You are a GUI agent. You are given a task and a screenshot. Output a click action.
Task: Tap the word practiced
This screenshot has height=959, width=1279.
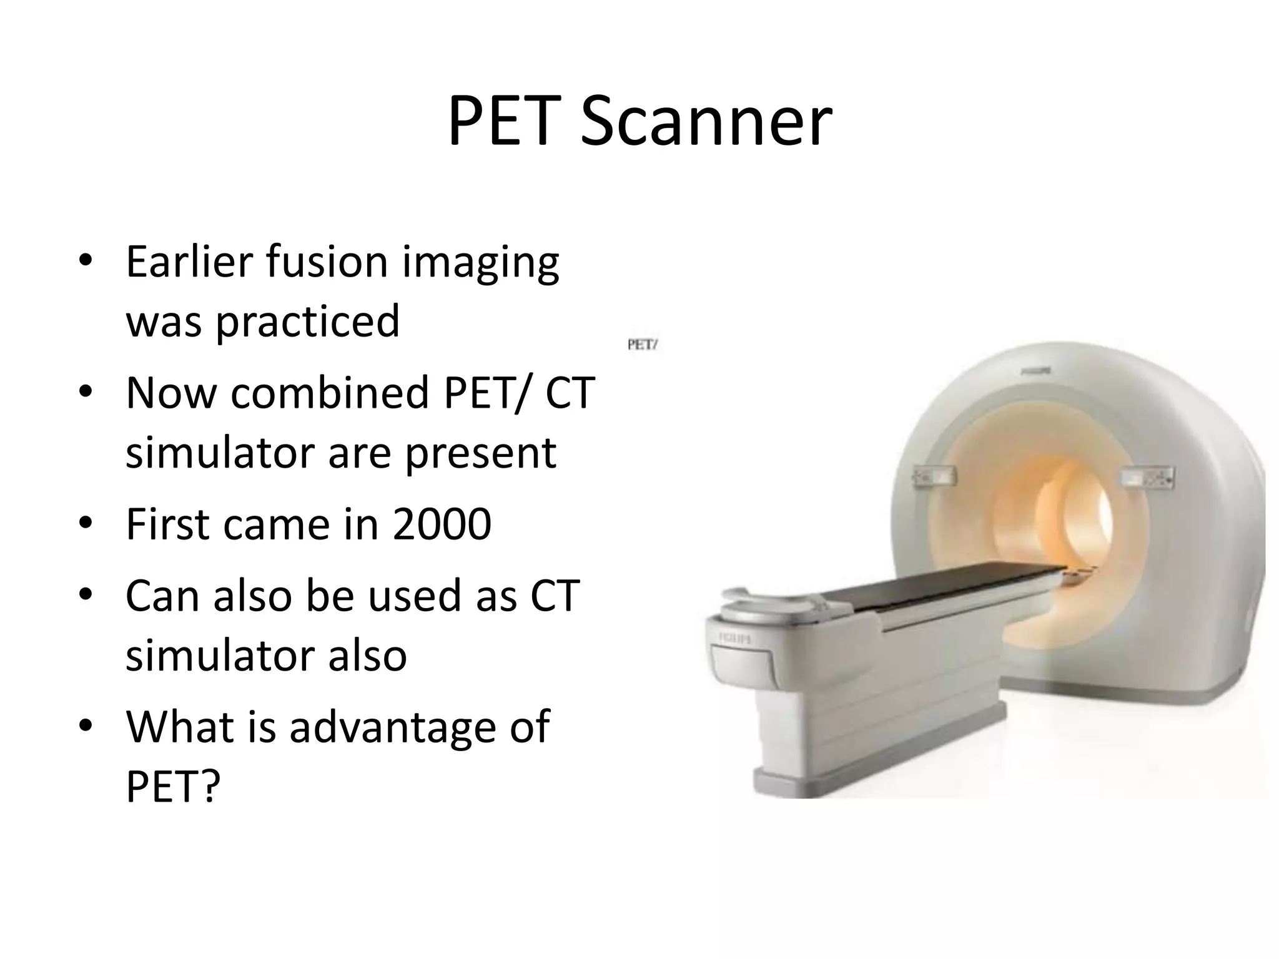pos(307,321)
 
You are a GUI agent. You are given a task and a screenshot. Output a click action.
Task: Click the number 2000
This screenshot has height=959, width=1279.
pos(442,524)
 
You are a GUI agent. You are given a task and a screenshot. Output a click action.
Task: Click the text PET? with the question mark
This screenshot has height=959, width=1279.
pos(173,786)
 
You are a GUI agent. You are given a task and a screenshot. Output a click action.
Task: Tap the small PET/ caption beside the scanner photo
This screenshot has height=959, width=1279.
pos(643,345)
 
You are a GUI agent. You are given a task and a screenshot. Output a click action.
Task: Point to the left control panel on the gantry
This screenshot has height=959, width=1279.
pos(934,477)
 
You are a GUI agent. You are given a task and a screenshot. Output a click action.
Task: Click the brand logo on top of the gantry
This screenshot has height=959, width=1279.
pos(1035,371)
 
